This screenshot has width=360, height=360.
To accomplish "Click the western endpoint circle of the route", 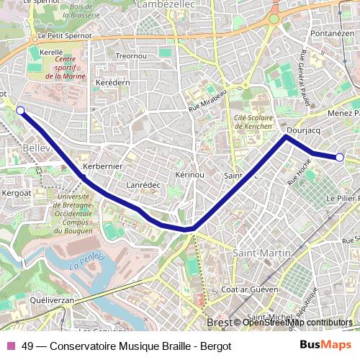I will coord(20,110).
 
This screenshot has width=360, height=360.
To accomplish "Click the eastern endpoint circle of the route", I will coord(340,157).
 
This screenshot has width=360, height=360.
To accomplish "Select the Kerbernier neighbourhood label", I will coord(103,166).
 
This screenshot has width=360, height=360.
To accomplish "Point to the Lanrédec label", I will coord(143,185).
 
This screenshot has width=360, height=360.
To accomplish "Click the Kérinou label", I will coord(190,175).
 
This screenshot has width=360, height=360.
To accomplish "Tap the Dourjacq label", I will coord(302,131).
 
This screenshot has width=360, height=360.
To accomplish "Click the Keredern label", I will coord(112,83).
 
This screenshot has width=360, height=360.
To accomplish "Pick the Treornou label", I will coord(131,55).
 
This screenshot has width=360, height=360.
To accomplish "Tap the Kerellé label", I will coord(52,53).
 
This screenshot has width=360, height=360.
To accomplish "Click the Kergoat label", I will coord(16,193).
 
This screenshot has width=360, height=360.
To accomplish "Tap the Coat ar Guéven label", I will coord(248,289).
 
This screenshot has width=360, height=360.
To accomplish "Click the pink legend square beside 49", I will coord(11,345).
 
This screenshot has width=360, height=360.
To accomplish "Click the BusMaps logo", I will coord(321,345).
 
